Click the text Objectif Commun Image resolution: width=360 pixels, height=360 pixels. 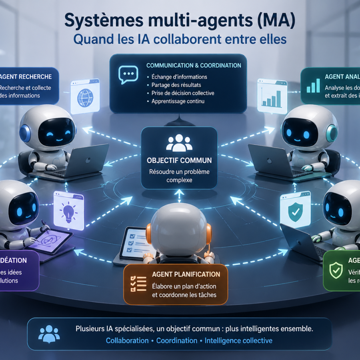[x=179, y=160]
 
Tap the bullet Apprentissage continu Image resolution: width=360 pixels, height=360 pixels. [x=178, y=101]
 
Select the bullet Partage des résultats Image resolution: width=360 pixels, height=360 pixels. [x=176, y=85]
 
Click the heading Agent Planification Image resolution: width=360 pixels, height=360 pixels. [x=186, y=274]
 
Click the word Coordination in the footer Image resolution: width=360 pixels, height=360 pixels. [x=176, y=340]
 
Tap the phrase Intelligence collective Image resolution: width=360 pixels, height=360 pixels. [x=238, y=340]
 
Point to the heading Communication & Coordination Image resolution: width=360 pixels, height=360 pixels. [x=194, y=65]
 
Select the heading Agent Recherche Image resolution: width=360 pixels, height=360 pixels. [x=26, y=76]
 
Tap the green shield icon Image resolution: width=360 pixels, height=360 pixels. [x=336, y=270]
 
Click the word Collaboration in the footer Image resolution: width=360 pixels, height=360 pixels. [x=127, y=340]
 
